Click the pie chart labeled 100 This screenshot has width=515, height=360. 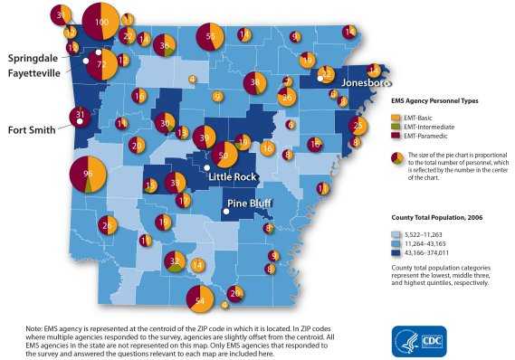pos(102,22)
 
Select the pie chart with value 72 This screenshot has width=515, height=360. pos(101,65)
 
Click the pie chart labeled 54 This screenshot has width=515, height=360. pos(201,299)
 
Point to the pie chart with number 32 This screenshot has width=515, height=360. pos(176,261)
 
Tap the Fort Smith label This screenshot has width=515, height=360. pos(33,128)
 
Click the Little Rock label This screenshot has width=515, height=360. pos(234,175)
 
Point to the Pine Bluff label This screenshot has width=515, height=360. pos(250,203)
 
